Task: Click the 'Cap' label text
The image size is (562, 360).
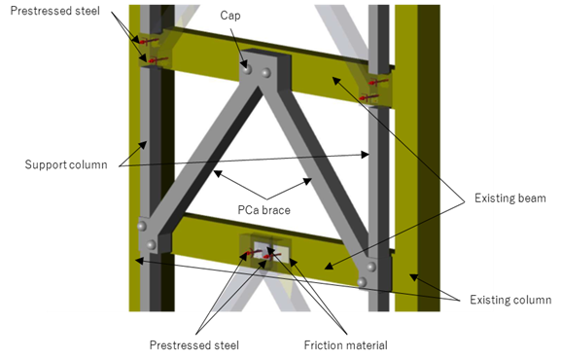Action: coord(230,16)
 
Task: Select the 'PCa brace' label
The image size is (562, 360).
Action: coord(263,210)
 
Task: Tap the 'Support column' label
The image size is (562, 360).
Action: coord(66,164)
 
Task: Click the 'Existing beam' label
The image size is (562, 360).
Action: coord(510,198)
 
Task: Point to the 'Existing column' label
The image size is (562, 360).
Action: coord(510,300)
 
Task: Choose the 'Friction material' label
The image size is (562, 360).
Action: coord(345,345)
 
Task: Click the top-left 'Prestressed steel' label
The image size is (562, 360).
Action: coord(54,11)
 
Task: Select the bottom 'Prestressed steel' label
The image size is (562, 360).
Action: coord(193,345)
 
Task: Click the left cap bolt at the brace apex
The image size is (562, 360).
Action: coord(247,69)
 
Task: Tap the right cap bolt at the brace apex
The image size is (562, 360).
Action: coord(265,73)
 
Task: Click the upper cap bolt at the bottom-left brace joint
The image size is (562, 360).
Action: coord(142,227)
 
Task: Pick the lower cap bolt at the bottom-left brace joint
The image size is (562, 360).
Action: coord(151,245)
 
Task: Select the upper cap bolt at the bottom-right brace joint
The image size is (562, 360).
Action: coord(371,267)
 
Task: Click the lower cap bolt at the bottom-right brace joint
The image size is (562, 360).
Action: coord(362,282)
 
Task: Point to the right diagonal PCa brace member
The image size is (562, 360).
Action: coord(319,168)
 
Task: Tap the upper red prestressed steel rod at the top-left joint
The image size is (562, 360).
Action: coord(150,41)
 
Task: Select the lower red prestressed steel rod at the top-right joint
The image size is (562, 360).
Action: coord(369,97)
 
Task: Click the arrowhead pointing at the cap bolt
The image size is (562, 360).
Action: coord(245,64)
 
